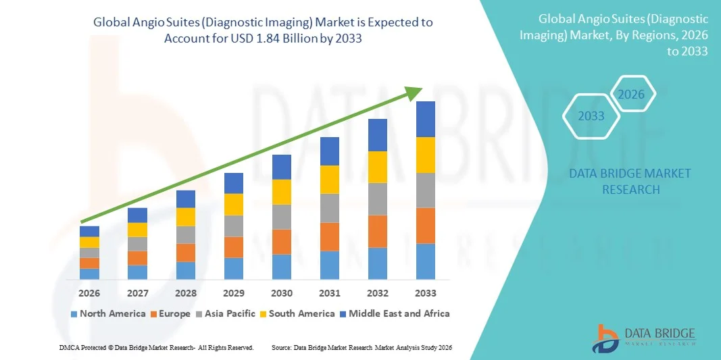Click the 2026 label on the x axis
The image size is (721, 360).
pos(89,293)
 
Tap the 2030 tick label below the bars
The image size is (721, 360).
pos(282,293)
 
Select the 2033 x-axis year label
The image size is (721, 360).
pos(426,293)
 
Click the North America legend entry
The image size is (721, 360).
pos(108,313)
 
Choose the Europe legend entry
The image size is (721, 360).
pos(170,313)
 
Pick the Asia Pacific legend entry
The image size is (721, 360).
pos(226,313)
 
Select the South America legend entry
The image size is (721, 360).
pos(297,313)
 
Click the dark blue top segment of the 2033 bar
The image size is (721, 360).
pos(426,119)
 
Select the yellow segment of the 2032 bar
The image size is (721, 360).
pos(378,167)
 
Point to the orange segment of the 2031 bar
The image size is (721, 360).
pos(330,236)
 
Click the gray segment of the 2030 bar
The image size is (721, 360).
pos(282,217)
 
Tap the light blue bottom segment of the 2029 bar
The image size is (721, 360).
pos(234,268)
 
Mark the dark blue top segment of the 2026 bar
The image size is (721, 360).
pos(89,231)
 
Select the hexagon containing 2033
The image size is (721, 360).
pos(591,116)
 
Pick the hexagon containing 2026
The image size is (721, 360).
pos(632,95)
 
